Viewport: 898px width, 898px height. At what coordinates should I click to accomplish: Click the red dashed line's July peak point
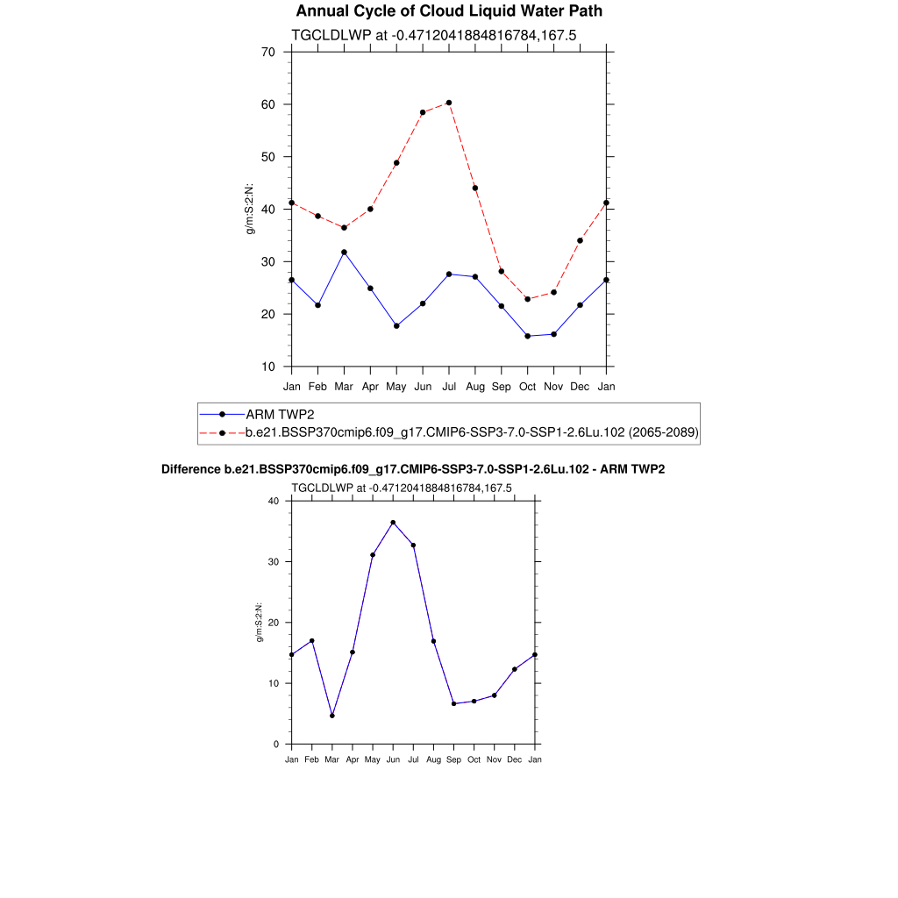(x=449, y=103)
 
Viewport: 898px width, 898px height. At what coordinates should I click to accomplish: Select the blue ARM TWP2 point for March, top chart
(x=344, y=253)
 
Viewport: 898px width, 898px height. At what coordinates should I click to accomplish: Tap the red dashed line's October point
(x=527, y=299)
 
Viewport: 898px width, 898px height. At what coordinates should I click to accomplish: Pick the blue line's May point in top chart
(x=396, y=326)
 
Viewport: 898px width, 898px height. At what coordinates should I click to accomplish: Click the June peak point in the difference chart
(x=393, y=523)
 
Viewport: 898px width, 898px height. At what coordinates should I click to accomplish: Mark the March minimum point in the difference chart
(x=332, y=716)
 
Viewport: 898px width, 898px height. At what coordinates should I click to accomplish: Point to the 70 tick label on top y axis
(x=268, y=52)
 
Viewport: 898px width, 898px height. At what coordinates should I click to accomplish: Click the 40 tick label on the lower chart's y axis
(x=273, y=501)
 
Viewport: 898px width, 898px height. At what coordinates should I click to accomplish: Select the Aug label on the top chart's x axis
(x=475, y=386)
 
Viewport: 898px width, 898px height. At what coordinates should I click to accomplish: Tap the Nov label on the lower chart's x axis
(x=495, y=759)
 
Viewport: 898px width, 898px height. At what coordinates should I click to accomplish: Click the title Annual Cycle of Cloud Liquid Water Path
(x=449, y=11)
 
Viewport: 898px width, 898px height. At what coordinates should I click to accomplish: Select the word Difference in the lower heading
(x=185, y=469)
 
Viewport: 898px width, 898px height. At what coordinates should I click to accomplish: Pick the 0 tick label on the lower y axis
(x=276, y=745)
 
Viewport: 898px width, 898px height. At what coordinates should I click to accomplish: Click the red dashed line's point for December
(x=580, y=240)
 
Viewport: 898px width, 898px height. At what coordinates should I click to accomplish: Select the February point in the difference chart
(x=311, y=641)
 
